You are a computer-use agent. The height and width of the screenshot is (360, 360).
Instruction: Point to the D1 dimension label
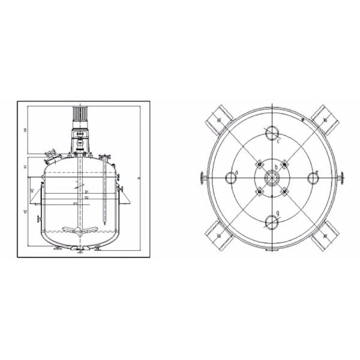click(x=86, y=191)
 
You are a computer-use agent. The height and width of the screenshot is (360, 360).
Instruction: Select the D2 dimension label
click(x=86, y=197)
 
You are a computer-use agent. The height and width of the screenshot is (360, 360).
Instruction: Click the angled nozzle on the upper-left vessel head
click(x=52, y=159)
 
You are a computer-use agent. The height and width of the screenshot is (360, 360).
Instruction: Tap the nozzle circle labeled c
click(x=272, y=133)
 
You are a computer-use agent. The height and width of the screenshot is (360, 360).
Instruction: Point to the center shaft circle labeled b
click(x=272, y=178)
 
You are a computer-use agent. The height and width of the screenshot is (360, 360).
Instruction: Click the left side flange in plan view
click(x=201, y=178)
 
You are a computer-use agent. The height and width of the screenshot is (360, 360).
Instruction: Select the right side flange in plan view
click(x=342, y=178)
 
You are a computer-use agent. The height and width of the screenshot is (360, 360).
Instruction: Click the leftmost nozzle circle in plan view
click(x=230, y=178)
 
